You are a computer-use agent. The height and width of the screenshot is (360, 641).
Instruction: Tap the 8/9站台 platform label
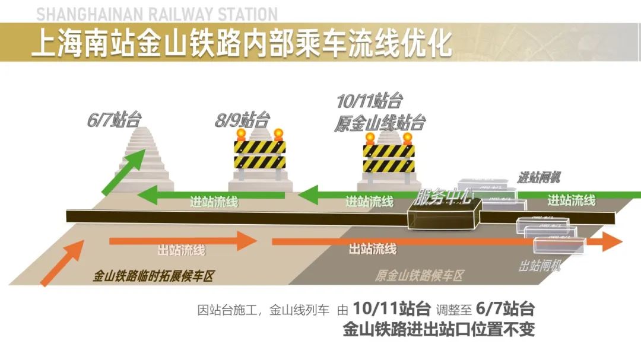click(242, 121)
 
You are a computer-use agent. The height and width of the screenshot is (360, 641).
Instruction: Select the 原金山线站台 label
click(380, 123)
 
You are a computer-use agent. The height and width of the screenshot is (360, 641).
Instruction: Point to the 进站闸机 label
click(539, 177)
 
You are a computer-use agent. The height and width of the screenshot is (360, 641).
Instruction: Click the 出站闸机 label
click(540, 266)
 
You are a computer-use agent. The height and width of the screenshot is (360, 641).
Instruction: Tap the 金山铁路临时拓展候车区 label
click(153, 276)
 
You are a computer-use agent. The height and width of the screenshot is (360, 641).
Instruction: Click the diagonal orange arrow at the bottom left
click(62, 264)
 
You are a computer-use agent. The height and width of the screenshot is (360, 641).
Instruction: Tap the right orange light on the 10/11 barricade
click(407, 138)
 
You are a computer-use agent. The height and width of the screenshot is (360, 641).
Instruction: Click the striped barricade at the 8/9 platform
click(260, 154)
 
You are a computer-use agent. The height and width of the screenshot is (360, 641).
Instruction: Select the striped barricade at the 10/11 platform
click(389, 158)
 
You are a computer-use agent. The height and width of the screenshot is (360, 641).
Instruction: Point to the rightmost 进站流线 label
click(571, 200)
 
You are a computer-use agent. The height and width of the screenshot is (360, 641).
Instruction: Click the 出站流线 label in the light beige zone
click(181, 250)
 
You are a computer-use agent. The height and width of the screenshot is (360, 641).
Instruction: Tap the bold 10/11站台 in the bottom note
click(391, 309)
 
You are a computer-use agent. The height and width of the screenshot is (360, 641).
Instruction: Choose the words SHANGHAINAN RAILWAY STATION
click(157, 14)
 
